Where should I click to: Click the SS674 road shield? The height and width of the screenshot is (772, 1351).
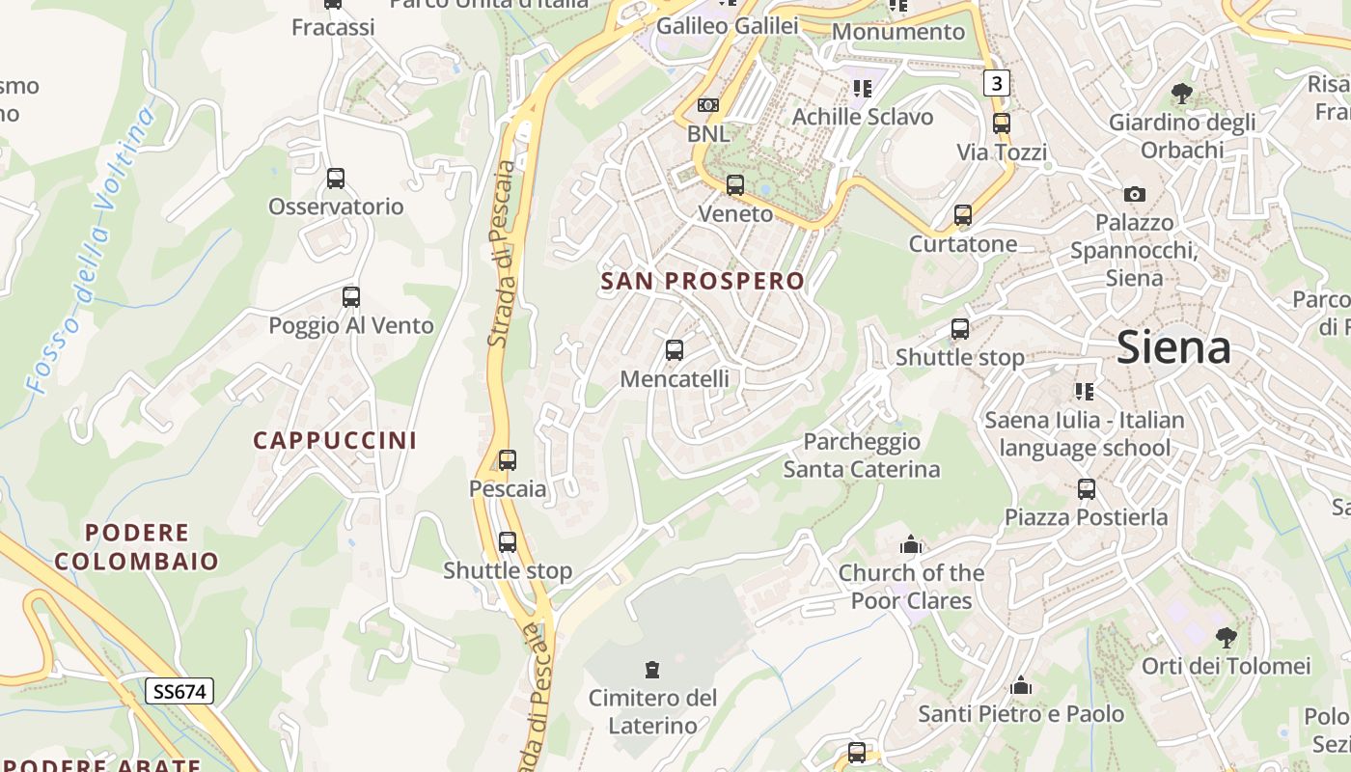click(179, 691)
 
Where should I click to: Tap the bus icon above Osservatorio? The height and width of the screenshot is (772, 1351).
click(336, 179)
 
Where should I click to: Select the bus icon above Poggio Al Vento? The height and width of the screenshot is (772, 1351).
click(351, 297)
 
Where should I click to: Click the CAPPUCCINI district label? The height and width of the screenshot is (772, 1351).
click(335, 440)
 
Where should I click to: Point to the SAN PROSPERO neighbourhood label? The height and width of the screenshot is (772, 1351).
click(703, 281)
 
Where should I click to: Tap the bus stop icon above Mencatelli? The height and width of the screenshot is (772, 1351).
click(675, 350)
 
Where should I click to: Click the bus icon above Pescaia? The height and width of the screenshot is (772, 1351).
click(508, 460)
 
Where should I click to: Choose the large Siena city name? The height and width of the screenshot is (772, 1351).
click(1173, 347)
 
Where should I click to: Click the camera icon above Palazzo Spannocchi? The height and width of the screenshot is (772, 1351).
click(1135, 194)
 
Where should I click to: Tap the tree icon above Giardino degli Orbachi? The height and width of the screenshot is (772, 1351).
click(1182, 94)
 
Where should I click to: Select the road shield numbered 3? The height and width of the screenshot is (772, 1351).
click(996, 83)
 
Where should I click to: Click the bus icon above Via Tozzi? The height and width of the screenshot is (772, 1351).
click(1002, 124)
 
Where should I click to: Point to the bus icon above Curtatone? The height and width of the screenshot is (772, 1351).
click(962, 215)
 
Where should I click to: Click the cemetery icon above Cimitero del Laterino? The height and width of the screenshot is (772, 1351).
click(653, 669)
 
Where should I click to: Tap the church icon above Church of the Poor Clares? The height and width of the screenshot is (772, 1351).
click(910, 545)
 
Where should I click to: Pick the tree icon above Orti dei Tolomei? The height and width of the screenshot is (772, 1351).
click(1226, 637)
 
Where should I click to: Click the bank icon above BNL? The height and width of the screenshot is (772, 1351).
click(708, 104)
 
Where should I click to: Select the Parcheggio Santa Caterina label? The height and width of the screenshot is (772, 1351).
click(861, 455)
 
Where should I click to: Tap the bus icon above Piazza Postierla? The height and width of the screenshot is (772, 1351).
click(1087, 488)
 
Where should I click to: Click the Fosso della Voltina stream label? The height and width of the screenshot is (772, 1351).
click(93, 251)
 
